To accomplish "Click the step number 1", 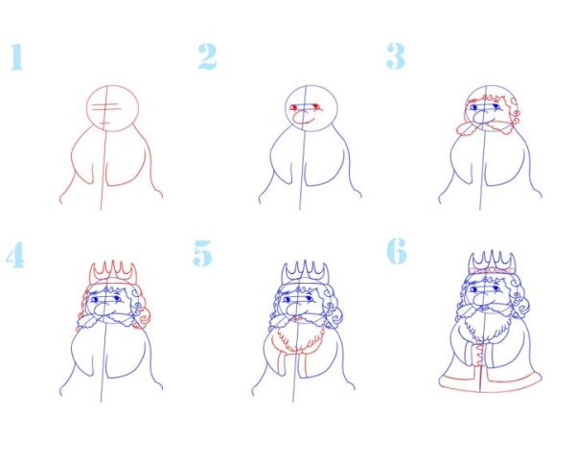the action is click(17, 57).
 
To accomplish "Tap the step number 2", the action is click(207, 57).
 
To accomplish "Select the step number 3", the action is click(395, 57).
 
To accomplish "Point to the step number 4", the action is click(15, 255).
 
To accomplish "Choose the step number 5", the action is click(203, 253).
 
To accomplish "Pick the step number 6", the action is click(397, 251).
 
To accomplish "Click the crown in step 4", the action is click(113, 273).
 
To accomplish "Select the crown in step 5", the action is click(305, 273).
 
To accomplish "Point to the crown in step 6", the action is click(492, 263).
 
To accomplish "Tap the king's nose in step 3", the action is click(479, 117).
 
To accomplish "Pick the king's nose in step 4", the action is click(101, 310).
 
